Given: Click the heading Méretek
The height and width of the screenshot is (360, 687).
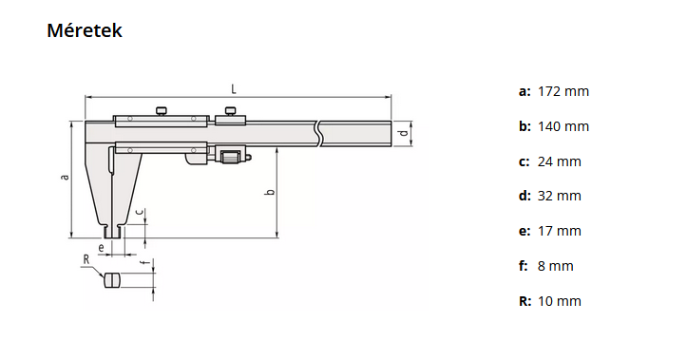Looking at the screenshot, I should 85,31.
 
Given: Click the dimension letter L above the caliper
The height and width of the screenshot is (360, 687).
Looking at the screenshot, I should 234,88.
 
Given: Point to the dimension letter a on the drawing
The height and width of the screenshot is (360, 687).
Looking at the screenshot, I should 64,177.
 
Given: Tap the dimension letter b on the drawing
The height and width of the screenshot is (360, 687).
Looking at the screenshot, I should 270,193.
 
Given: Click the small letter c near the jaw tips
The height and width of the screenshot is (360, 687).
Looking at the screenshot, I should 140,211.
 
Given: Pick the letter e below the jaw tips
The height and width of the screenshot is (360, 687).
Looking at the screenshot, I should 101,246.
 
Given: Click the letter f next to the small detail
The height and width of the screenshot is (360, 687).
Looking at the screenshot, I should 142,263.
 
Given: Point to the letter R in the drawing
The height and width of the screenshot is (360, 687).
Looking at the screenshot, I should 86,258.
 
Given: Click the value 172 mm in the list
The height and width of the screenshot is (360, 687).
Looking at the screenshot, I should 563,92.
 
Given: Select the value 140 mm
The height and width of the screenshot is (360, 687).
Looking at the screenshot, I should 563,126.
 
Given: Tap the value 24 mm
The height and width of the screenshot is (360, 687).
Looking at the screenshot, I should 559,161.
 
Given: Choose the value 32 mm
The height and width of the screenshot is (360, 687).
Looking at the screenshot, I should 559,196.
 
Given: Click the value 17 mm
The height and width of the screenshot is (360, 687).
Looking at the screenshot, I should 559,231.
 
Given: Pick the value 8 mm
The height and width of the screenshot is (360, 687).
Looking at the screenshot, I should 556,266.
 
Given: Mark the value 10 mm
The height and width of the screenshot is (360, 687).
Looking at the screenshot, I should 559,301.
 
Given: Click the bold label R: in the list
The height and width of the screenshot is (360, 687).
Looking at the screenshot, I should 525,301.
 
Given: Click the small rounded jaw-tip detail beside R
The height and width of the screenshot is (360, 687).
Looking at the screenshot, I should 112,280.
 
